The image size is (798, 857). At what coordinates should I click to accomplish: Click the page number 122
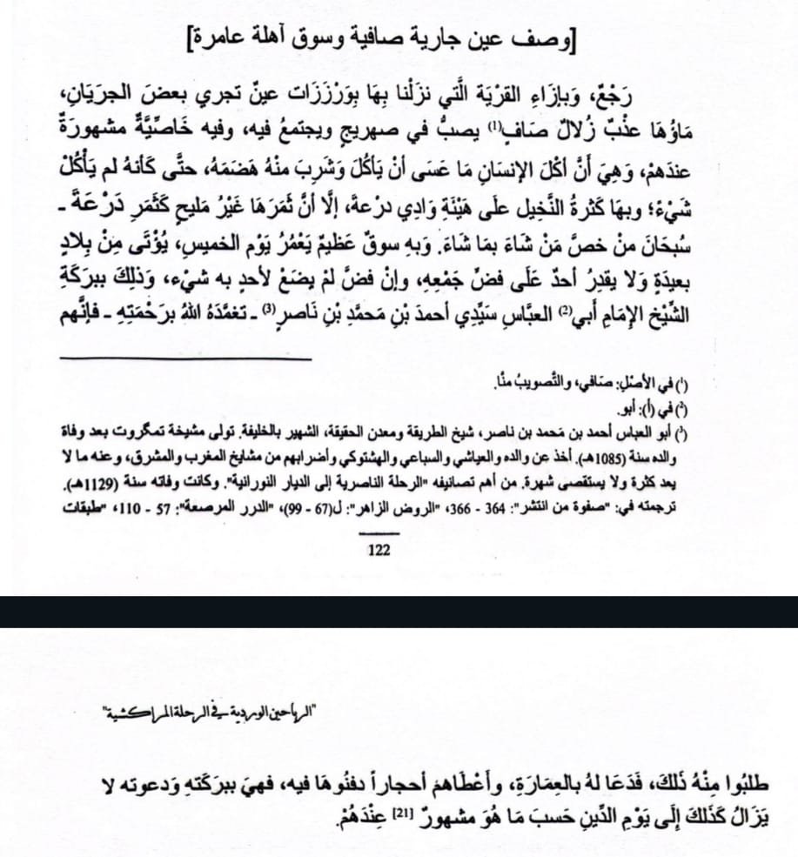(x=379, y=550)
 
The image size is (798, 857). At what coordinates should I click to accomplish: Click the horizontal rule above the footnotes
(x=184, y=358)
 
